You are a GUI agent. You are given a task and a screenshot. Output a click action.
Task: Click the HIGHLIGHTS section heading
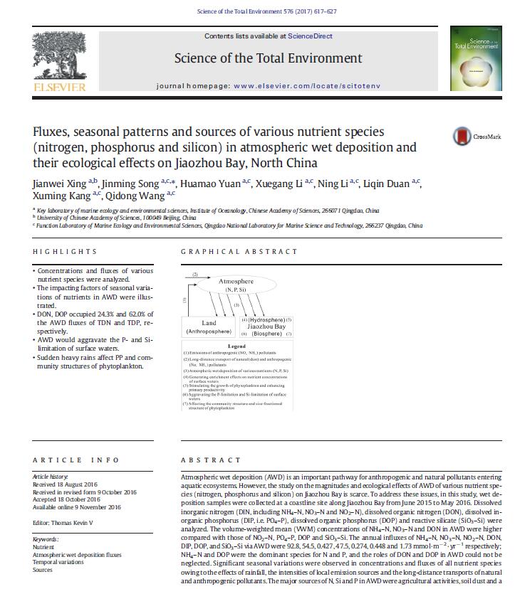pos(64,251)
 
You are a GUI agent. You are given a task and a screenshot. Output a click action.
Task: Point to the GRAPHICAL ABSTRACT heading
pos(239,251)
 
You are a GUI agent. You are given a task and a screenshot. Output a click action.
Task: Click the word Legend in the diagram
pos(237,346)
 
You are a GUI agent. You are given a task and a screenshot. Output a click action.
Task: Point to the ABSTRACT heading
pos(207,460)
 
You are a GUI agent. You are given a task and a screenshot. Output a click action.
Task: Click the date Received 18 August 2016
pos(66,484)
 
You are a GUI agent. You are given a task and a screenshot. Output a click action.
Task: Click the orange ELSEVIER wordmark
pos(59,87)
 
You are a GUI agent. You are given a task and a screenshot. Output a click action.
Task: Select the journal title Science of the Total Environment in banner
pos(268,58)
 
